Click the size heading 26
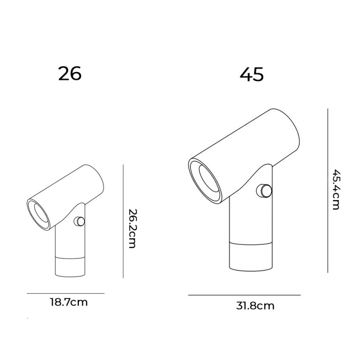pos(70,73)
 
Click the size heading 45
pos(252,75)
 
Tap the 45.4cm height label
pos(336,189)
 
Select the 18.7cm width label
pos(68,302)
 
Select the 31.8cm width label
pos(255,306)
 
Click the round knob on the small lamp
pos(79,221)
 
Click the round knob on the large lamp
pos(264,190)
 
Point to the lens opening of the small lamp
pos(39,213)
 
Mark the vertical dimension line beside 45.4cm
pos(328,189)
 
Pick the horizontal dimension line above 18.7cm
pos(65,293)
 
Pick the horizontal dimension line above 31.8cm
pos(244,295)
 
